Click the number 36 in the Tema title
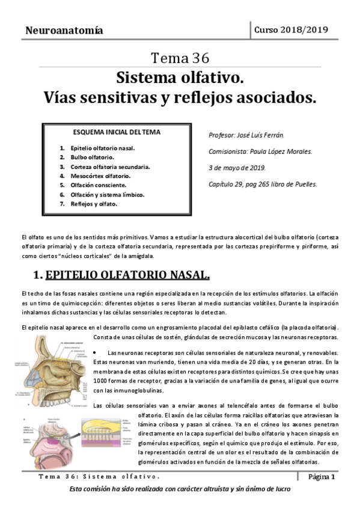200,58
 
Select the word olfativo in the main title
209,78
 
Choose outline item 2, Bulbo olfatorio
93,157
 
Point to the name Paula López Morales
282,152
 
